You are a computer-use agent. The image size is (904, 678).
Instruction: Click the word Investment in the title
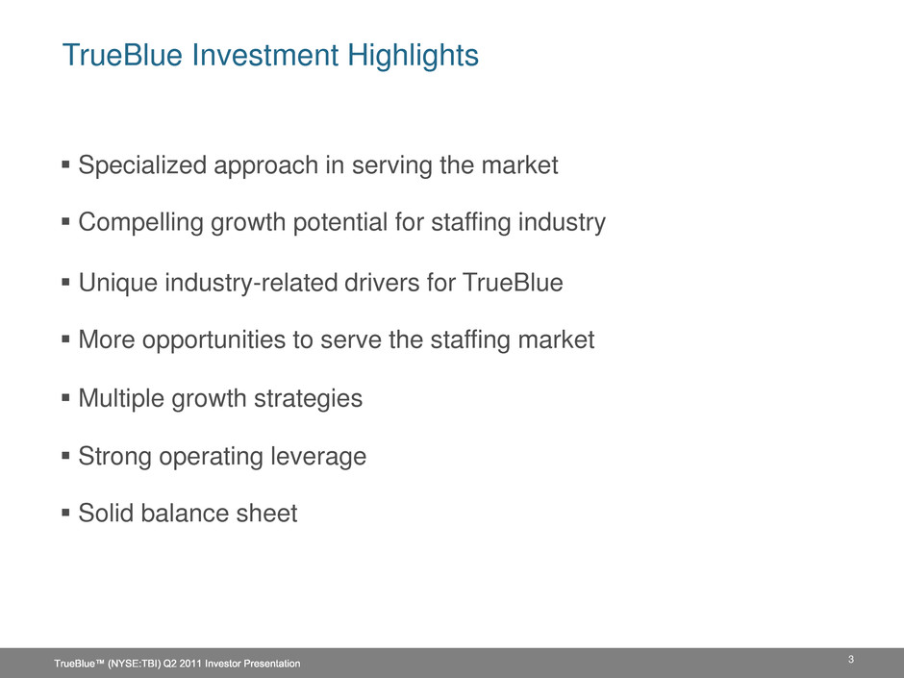265,55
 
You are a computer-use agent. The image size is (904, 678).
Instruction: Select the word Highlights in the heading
413,56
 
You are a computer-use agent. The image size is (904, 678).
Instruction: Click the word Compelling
140,222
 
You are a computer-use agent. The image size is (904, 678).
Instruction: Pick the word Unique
117,283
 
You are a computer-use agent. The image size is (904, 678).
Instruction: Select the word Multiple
121,398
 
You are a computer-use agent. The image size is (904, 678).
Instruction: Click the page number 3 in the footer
851,660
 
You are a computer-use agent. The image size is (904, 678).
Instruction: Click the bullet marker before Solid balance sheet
65,512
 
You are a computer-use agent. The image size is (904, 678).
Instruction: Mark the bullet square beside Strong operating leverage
65,456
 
